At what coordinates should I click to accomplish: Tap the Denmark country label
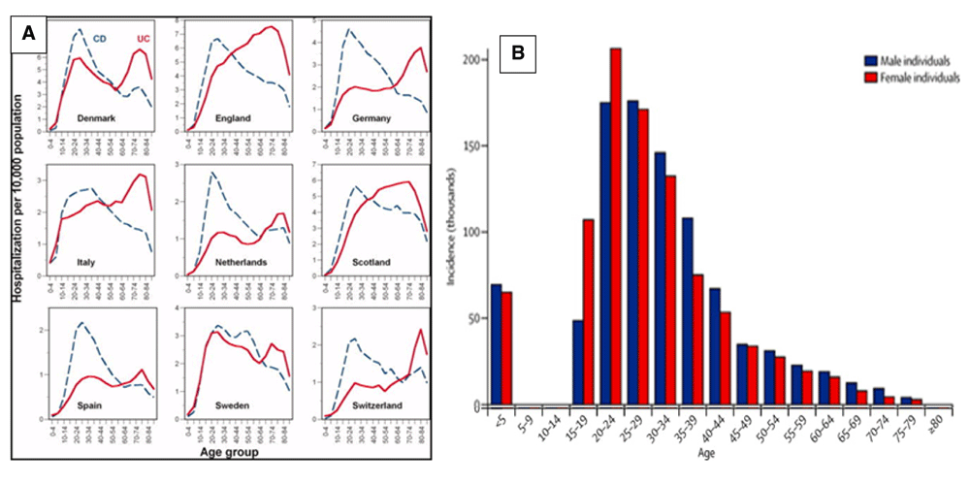click(x=97, y=117)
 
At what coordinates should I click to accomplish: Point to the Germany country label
click(x=370, y=118)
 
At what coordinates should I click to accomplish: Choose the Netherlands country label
click(x=230, y=261)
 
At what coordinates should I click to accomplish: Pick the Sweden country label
click(x=230, y=404)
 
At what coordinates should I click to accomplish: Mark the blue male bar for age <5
click(x=497, y=344)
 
